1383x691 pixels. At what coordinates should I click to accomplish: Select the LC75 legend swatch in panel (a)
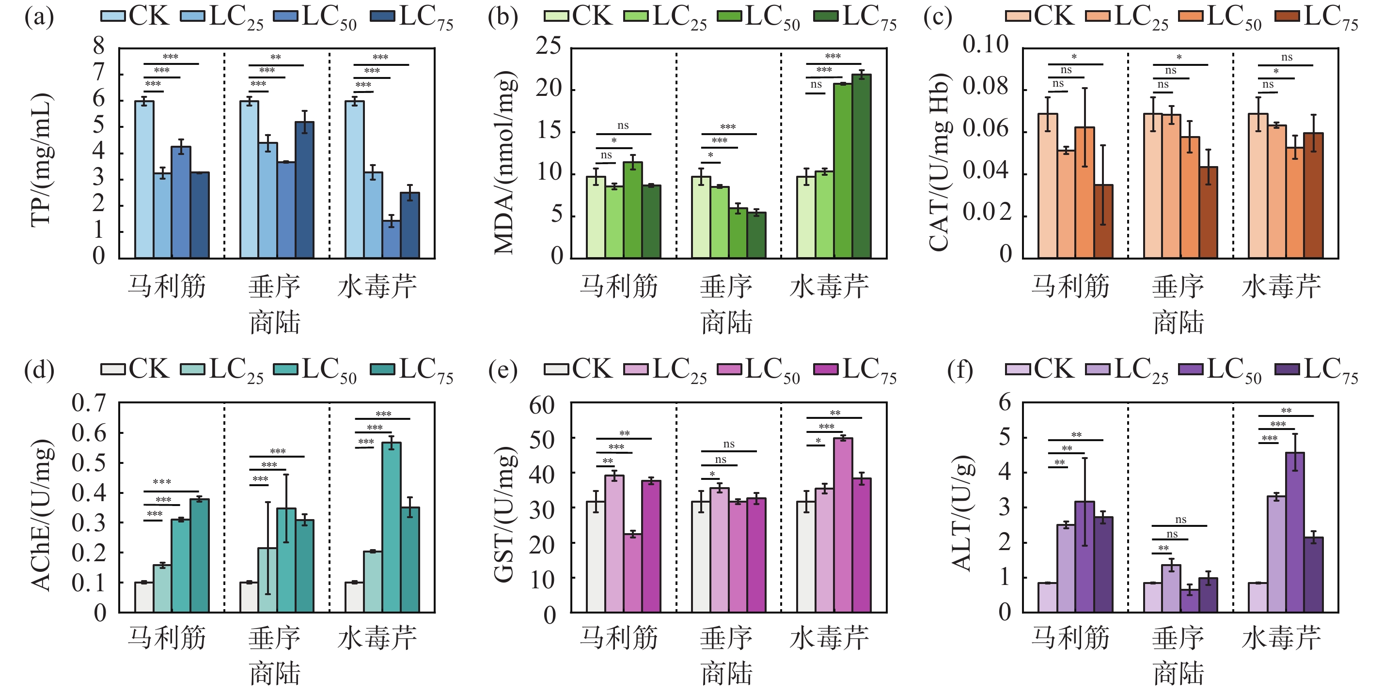coord(382,16)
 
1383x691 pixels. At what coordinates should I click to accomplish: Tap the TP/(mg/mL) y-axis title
coord(42,160)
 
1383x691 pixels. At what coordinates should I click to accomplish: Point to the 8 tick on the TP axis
coord(99,46)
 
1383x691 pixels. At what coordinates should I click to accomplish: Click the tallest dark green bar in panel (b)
coord(861,166)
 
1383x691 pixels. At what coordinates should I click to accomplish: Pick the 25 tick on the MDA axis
coord(548,46)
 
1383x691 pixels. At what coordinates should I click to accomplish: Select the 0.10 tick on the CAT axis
coord(985,44)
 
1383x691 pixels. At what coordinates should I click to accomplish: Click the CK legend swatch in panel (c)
coord(1018,16)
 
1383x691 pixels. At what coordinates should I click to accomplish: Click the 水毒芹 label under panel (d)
coord(377,638)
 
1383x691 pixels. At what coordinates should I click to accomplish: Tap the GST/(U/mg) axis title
coord(504,514)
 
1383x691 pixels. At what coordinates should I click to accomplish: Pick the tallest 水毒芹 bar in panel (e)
coord(843,525)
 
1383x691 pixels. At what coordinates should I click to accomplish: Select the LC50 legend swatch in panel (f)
coord(1191,369)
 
